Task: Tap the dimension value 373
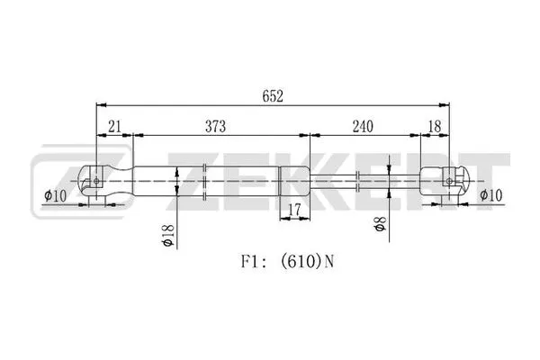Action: point(213,127)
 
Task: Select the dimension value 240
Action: point(363,127)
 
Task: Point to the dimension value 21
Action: point(114,127)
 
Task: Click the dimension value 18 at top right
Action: point(435,127)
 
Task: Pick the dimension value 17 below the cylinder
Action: point(292,211)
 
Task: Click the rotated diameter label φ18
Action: point(167,236)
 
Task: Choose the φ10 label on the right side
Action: point(490,194)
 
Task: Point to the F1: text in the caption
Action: point(252,264)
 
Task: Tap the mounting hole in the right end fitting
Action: point(449,181)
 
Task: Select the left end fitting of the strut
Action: point(106,181)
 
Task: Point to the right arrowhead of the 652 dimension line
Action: point(445,105)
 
